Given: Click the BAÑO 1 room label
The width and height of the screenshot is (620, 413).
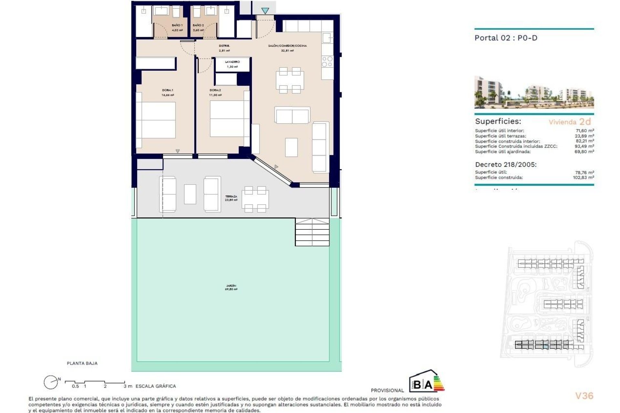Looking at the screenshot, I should point(177,25).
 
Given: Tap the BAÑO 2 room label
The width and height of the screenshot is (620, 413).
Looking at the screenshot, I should point(198,25).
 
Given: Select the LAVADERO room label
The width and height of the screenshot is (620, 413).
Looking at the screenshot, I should point(232,62).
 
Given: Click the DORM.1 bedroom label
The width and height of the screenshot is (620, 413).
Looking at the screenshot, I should point(167,90).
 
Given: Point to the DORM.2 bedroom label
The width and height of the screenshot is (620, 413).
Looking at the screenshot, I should point(215,90).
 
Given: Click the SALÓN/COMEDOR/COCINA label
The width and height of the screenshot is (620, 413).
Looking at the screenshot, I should point(287,46).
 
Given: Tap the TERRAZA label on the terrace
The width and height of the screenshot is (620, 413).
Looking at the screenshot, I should point(231,196).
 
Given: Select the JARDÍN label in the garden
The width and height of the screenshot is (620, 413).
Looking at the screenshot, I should point(231,286).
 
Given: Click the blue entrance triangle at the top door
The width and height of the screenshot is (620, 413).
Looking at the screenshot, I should point(265,11).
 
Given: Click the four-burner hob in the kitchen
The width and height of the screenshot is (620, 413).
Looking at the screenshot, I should point(327,62).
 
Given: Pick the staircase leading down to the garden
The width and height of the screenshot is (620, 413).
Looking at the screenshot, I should point(312,232).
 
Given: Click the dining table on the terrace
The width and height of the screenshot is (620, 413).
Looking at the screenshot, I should point(255,199).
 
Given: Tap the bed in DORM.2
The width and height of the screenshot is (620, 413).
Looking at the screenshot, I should point(227,119).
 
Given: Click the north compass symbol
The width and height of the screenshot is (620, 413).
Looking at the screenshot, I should point(51,382).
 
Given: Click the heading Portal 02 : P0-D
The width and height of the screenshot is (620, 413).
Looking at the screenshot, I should point(506,38).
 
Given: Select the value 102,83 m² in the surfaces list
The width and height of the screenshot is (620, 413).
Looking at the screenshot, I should point(583,177).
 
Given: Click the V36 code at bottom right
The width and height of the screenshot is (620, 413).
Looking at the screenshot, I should point(584,396).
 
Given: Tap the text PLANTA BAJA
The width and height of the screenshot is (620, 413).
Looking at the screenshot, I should point(82,363).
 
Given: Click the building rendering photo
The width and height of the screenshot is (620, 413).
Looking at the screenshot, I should point(534,93).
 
